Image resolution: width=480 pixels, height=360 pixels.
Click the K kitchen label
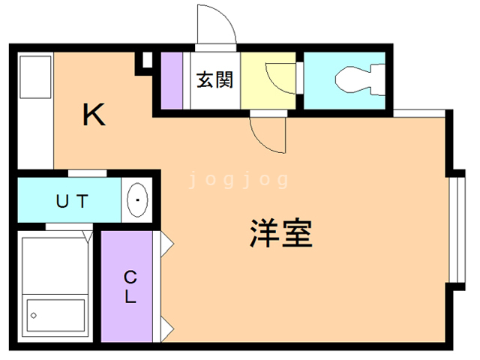click(94, 115)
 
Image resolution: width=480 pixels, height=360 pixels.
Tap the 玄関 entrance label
click(214, 79)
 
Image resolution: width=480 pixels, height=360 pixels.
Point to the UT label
click(73, 201)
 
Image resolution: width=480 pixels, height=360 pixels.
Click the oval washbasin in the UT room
click(139, 200)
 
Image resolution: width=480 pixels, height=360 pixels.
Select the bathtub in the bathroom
click(56, 289)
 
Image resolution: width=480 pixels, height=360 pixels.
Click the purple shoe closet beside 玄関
click(172, 79)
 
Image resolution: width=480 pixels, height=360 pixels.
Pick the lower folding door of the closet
click(167, 326)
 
